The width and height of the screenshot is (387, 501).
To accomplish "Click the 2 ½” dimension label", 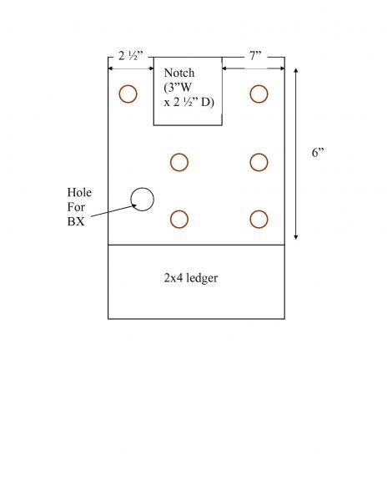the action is coord(131,56).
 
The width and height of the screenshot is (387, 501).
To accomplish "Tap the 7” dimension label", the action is coord(255,56).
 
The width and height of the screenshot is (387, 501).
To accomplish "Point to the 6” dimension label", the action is coord(318,153).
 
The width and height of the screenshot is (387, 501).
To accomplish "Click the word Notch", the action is coord(179,73).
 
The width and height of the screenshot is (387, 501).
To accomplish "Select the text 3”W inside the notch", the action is coord(178,88).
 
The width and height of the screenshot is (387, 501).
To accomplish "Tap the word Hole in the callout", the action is coord(79,192).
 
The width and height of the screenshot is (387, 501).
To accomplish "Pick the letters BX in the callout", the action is coord(76,222).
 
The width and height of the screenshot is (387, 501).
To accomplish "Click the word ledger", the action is coord(202,278).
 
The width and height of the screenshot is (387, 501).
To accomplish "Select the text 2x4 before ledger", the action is coord(173,278).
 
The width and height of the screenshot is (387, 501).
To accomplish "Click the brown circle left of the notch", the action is coord(128,85).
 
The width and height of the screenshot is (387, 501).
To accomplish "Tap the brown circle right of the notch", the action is coord(259,85).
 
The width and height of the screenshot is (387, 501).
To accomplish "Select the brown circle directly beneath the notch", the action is coord(179,154).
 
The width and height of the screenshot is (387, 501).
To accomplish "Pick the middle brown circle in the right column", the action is coord(259,154).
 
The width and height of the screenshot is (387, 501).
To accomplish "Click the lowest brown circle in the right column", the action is coord(259,210).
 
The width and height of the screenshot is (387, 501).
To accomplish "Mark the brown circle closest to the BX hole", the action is coord(179,210).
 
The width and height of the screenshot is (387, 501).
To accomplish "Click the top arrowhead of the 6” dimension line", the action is coord(296,70).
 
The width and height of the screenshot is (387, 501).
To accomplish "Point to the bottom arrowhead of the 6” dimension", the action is coord(296,237).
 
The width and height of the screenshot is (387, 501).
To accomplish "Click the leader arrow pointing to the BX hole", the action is coord(114,211).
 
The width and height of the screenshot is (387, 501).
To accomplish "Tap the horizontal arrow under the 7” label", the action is coord(253,68).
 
